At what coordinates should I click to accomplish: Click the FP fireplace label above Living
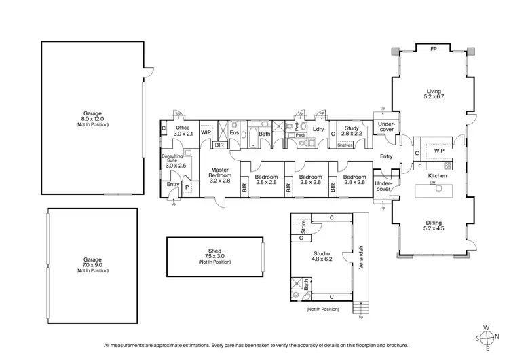[434, 49]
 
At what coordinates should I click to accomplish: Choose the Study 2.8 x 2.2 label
[351, 131]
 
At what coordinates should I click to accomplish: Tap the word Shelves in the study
[345, 144]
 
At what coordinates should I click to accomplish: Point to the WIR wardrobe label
[206, 133]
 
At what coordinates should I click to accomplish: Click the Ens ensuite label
[234, 133]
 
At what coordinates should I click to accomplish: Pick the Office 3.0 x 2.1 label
[183, 131]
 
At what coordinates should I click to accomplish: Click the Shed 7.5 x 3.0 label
[215, 255]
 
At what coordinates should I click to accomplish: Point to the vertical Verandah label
[362, 256]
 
